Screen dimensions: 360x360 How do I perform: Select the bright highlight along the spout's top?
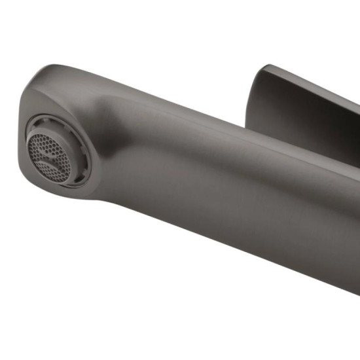(x=164, y=88)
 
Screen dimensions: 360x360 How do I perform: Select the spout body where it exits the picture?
(x=350, y=223)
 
